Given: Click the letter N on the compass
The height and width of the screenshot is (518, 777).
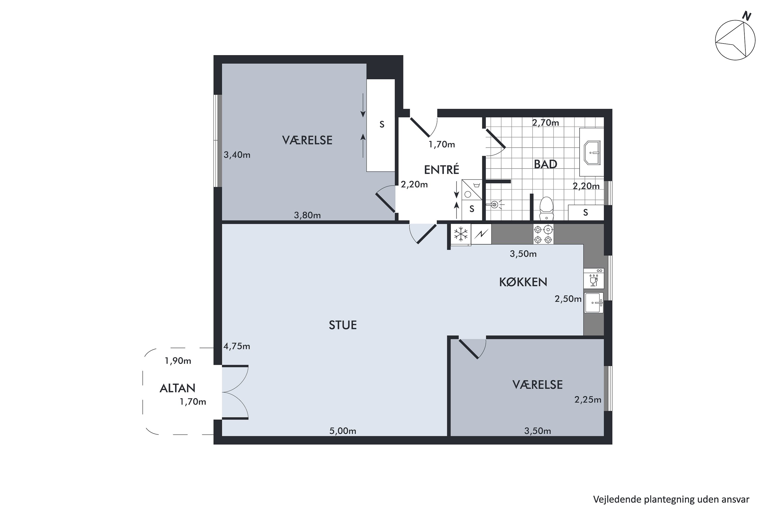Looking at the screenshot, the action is click(747, 16).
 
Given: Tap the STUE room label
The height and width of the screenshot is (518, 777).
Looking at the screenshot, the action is click(343, 325).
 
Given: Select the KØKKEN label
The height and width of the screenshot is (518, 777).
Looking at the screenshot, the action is click(523, 282).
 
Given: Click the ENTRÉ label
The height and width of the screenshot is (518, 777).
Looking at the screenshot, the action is click(441, 169).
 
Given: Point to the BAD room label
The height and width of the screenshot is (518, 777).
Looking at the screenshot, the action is click(545, 164).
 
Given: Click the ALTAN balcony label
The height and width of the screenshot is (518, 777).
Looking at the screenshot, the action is click(177, 388).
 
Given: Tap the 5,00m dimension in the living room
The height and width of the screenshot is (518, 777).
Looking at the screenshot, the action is click(343, 431).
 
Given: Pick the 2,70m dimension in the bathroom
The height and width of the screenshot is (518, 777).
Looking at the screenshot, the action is click(545, 123).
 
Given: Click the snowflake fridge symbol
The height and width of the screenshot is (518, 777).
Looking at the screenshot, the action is click(461, 234).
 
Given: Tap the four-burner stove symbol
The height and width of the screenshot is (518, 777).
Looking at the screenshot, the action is click(543, 234).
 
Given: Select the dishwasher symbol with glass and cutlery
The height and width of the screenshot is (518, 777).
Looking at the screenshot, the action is click(594, 278).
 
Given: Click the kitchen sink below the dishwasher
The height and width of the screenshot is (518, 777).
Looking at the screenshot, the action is click(594, 302).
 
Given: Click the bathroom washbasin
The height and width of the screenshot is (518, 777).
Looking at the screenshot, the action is click(592, 153).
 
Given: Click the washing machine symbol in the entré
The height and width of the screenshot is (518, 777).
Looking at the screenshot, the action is click(471, 190).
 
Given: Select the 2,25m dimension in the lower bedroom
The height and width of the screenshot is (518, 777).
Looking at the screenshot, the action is click(588, 400).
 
